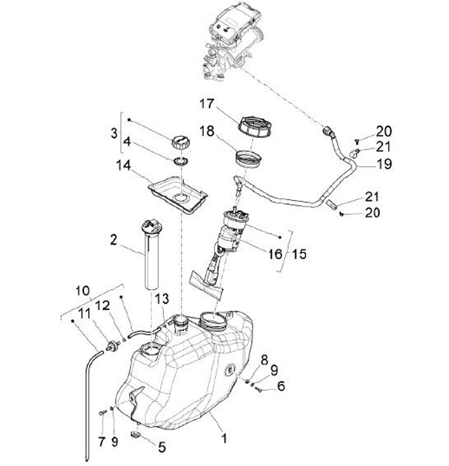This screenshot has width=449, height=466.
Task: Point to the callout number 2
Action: point(113,239)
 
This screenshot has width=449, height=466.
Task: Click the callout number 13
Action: point(162,300)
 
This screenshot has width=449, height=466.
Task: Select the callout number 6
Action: point(281,386)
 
